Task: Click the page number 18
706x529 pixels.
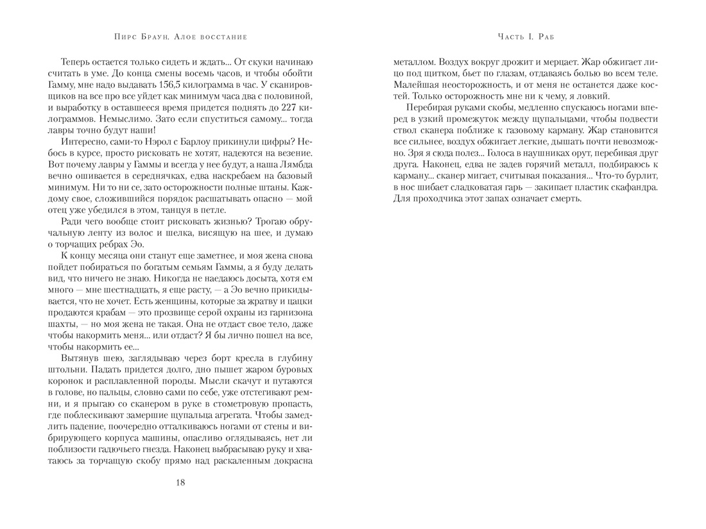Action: click(180, 482)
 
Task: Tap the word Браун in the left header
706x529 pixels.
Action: click(137, 37)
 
